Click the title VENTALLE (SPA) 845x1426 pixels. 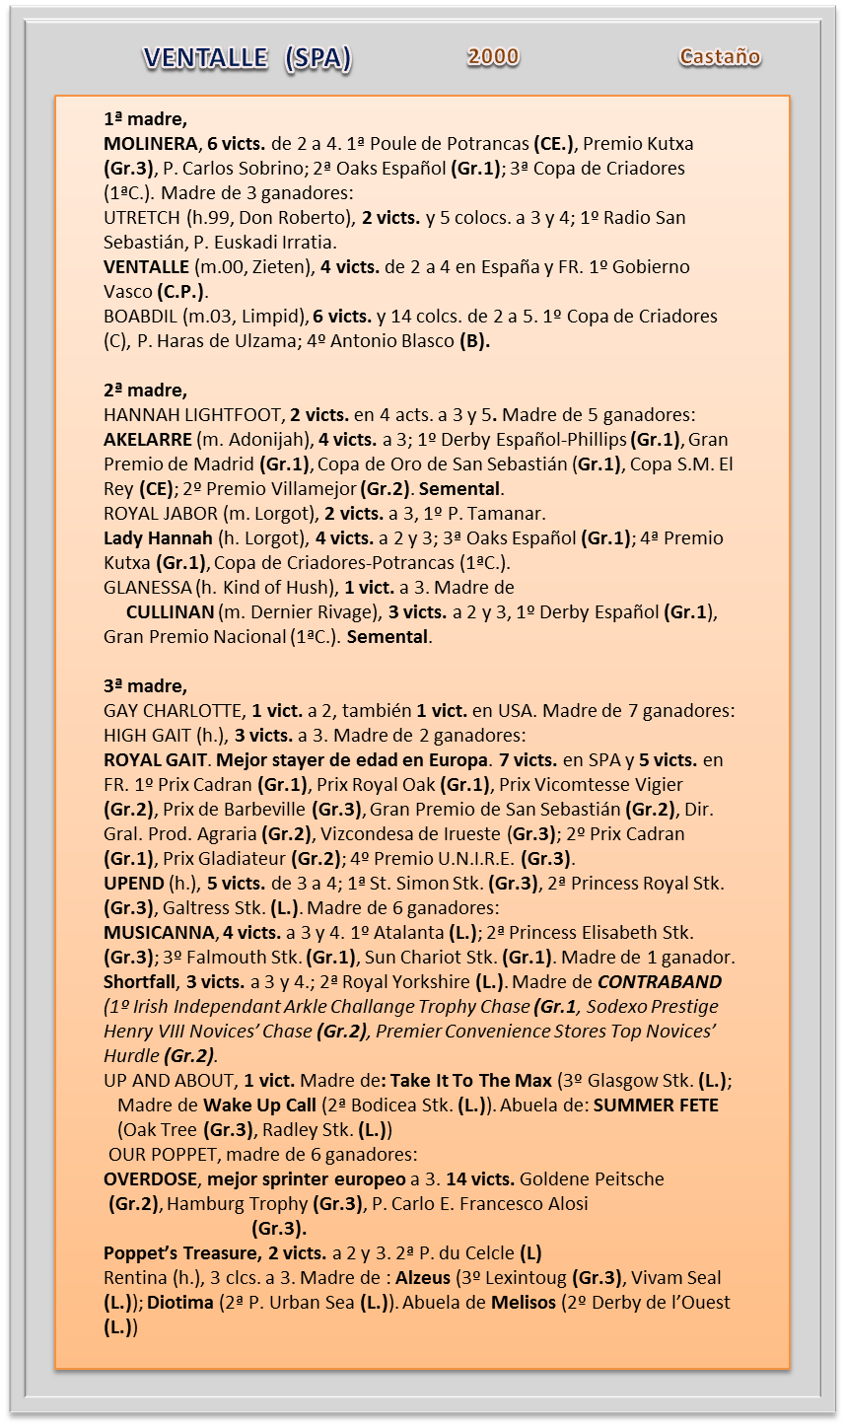coord(246,59)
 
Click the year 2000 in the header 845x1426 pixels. coord(493,57)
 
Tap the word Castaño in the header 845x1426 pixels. coord(720,57)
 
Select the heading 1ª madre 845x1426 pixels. coord(145,119)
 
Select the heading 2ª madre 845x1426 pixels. coord(145,391)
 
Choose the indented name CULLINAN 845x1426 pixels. coord(170,612)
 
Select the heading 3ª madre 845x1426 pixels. coord(145,686)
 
